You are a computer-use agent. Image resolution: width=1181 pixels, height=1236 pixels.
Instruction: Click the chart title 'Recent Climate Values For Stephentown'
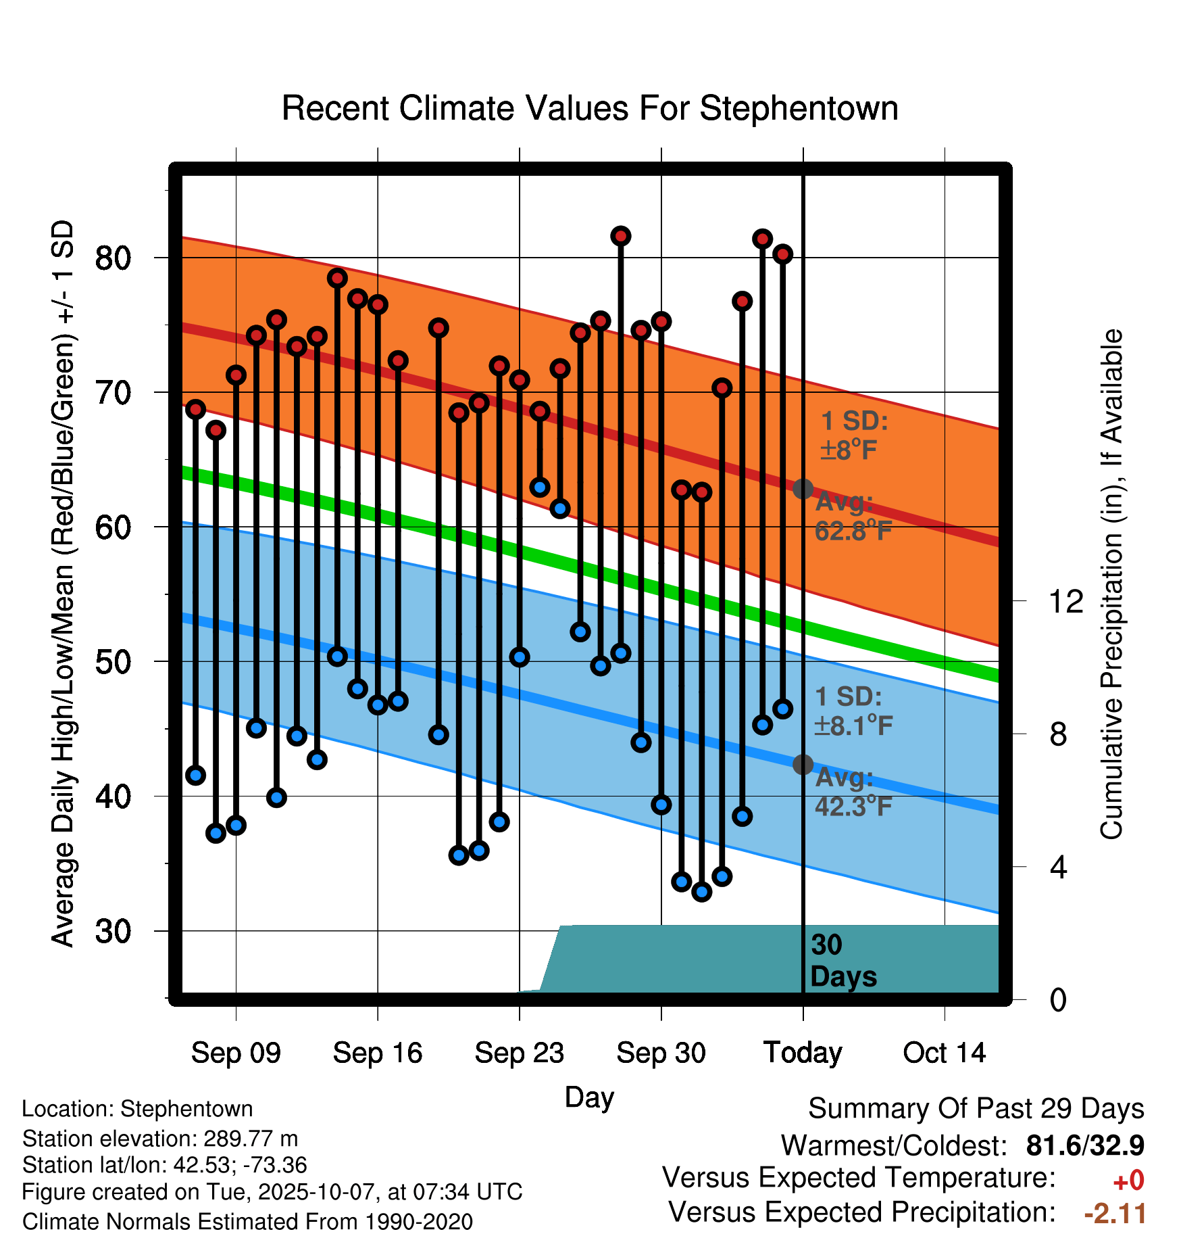590,108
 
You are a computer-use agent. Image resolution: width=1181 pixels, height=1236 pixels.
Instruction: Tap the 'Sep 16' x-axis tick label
377,1053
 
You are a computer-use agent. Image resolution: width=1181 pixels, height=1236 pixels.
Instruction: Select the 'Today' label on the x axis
803,1053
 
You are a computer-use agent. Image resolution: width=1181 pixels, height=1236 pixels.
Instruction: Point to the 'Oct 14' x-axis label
945,1053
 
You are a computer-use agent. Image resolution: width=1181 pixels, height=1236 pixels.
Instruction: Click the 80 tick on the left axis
113,258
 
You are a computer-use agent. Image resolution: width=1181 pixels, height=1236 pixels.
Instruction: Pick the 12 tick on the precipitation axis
1065,601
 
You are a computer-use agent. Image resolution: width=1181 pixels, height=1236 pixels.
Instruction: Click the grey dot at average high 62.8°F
803,488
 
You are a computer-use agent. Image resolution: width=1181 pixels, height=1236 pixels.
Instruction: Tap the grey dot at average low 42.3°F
803,764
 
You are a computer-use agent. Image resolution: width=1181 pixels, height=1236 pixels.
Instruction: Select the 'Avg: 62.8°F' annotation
853,517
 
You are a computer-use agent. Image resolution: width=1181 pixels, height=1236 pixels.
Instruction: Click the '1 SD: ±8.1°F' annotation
853,711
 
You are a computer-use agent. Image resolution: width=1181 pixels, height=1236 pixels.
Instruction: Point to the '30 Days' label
843,961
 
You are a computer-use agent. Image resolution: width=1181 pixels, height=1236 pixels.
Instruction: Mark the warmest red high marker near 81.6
621,236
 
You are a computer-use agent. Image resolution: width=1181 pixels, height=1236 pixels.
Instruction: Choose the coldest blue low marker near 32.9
702,892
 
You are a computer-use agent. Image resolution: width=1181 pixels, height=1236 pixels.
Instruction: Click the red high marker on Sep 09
236,375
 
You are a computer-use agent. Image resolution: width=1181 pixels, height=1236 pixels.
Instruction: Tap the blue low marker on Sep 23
520,657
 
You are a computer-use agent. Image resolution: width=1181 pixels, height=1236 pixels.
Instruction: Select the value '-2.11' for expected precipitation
1115,1213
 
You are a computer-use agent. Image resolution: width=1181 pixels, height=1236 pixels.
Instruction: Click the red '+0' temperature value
1128,1181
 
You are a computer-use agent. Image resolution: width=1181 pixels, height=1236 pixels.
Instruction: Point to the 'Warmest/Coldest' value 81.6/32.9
1085,1145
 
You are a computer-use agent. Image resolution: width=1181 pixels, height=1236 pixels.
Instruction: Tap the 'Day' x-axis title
589,1097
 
